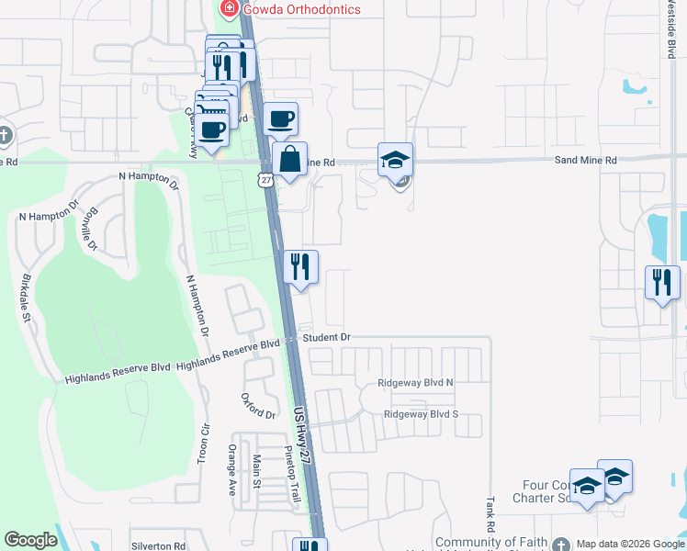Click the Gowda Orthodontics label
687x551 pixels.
[x=301, y=9]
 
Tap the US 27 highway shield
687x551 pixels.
[x=265, y=180]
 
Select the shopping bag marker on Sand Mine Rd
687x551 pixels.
[x=289, y=160]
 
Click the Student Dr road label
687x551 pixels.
[x=327, y=338]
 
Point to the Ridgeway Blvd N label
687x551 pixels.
[x=416, y=383]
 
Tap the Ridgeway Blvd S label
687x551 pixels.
[x=421, y=414]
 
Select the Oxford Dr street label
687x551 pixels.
[x=258, y=406]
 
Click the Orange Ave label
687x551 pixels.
[x=231, y=470]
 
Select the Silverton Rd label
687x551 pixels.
[x=158, y=545]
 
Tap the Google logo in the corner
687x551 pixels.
[x=30, y=540]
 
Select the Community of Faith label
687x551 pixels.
[x=491, y=543]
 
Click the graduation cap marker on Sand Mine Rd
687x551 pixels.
[x=396, y=160]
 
